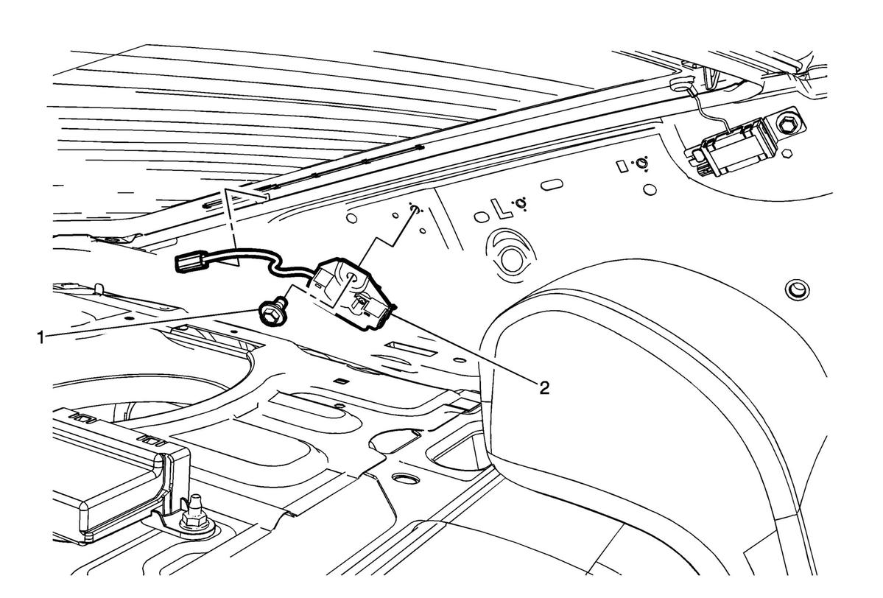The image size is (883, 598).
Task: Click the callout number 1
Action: coord(40,339)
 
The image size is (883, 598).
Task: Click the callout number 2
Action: coord(544,387)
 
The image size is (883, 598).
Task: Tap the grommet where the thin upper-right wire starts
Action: coord(679,85)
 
